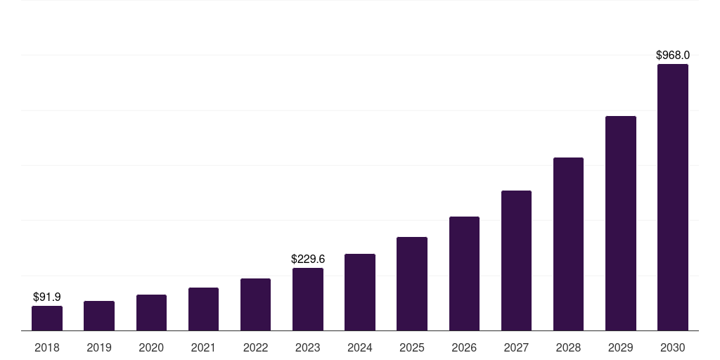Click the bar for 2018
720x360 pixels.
point(47,318)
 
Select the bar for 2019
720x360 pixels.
point(99,316)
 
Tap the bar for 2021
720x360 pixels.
point(203,309)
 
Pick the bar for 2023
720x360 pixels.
point(308,299)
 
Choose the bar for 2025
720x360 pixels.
point(412,283)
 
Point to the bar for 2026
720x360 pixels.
point(464,274)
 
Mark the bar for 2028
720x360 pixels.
point(568,244)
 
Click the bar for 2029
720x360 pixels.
point(620,223)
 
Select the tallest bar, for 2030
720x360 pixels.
point(673,197)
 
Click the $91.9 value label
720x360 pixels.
point(47,297)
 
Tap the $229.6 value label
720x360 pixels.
point(308,259)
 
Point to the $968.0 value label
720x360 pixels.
point(673,55)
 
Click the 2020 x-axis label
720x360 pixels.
point(151,347)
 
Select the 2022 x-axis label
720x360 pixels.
point(255,347)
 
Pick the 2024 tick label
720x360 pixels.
point(360,347)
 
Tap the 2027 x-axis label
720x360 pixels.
point(516,347)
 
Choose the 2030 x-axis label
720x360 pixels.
point(673,347)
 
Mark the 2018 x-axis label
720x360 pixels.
point(47,347)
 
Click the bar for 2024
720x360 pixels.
point(360,292)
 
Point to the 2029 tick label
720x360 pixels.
point(620,347)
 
